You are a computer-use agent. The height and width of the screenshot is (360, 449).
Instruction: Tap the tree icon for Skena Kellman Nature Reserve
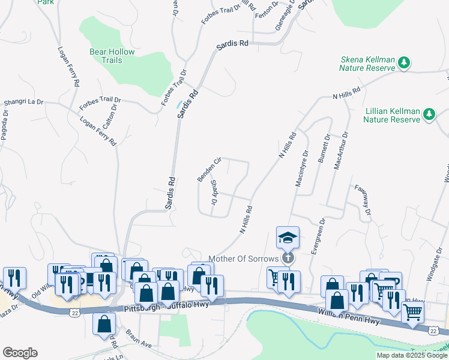click(405, 62)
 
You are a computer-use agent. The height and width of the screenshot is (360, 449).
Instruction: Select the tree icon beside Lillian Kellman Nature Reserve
click(429, 114)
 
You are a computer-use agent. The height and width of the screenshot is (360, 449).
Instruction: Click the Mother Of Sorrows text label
click(243, 259)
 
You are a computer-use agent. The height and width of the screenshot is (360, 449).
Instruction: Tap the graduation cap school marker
click(288, 238)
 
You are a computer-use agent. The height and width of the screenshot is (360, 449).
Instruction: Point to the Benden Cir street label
click(210, 170)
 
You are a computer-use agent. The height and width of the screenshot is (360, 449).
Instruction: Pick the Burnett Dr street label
click(325, 151)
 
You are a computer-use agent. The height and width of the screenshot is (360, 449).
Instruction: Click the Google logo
click(20, 353)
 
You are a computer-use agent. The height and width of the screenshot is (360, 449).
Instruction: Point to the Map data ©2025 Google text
click(412, 355)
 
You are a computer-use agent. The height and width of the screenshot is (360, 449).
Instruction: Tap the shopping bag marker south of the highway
click(104, 323)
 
